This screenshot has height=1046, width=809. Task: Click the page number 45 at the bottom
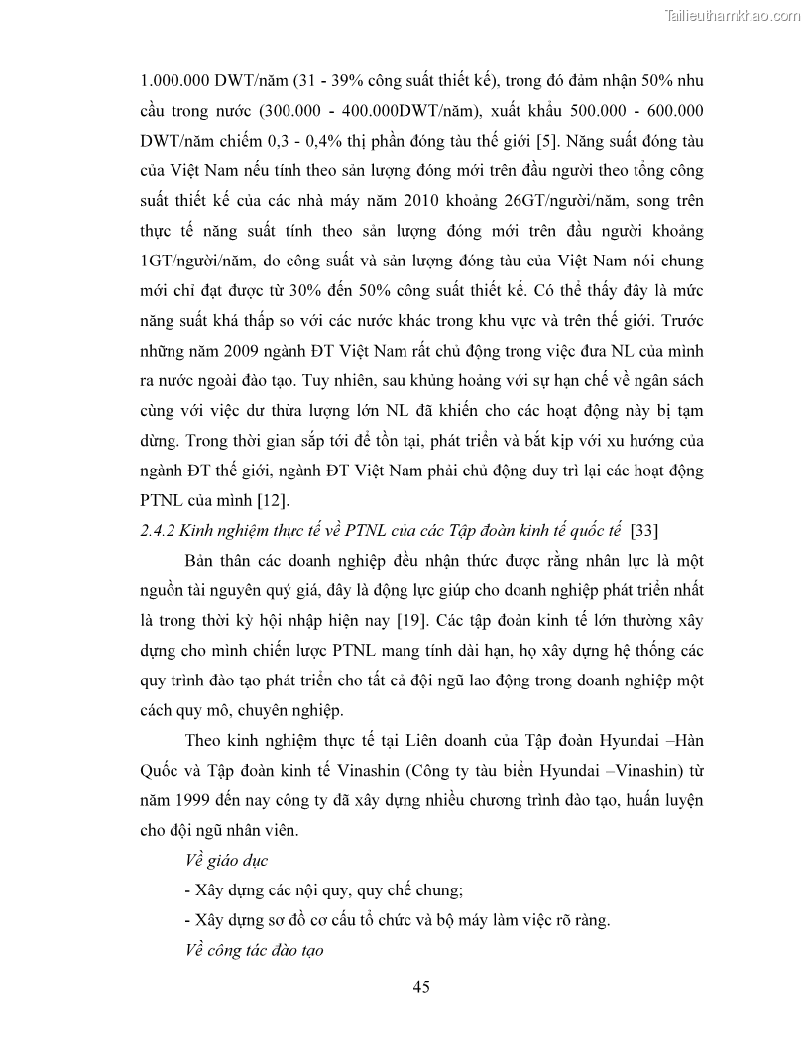[x=420, y=986]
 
